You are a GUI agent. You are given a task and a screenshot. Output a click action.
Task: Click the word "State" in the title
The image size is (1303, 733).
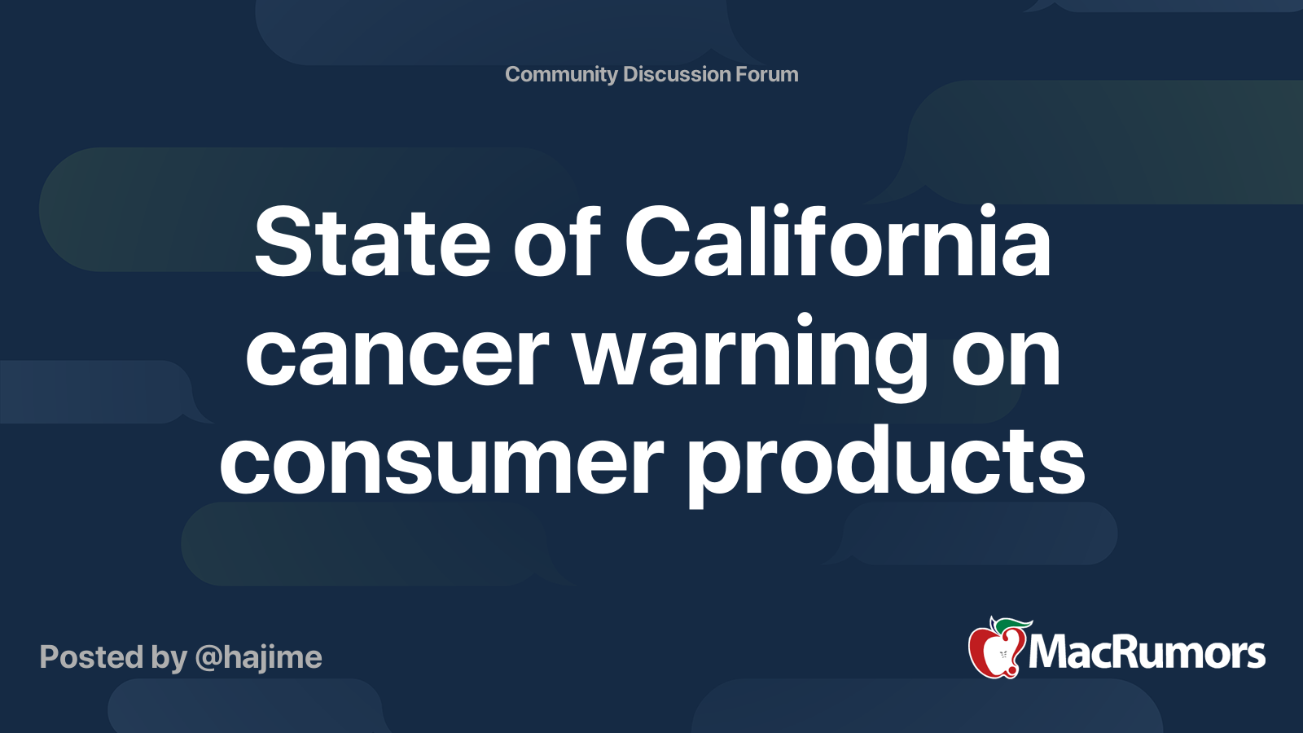(372, 241)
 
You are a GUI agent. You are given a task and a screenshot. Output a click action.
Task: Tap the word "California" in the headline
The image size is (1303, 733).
(838, 239)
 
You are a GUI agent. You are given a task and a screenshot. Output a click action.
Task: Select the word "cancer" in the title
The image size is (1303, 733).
(397, 355)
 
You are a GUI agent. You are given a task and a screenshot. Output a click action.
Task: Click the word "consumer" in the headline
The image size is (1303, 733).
(441, 466)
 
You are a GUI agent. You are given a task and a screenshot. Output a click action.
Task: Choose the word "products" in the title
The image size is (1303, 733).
(887, 465)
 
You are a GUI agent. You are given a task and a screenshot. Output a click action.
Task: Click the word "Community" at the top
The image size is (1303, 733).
(561, 75)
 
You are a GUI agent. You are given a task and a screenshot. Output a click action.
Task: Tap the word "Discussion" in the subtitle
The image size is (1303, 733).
(677, 74)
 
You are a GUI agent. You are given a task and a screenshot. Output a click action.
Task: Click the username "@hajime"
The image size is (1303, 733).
(259, 658)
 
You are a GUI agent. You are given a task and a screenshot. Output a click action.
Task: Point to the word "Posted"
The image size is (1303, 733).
(91, 656)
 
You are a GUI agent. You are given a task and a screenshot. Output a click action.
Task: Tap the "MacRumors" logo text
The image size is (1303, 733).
(1147, 653)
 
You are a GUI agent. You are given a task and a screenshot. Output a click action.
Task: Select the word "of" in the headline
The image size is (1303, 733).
(557, 239)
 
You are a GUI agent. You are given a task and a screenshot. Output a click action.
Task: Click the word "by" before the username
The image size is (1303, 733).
(169, 658)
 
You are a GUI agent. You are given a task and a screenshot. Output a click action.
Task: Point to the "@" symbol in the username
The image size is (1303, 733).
(208, 658)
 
